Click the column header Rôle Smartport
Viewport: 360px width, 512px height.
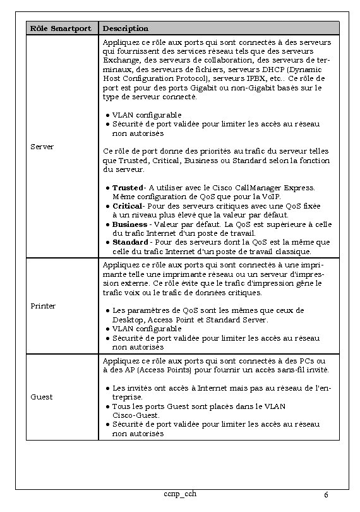click(61, 28)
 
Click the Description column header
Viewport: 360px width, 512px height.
click(126, 28)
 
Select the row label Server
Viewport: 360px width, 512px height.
click(42, 147)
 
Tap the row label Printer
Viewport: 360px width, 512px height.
click(44, 306)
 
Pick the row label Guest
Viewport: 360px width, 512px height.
click(42, 397)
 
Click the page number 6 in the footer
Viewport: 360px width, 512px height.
click(325, 494)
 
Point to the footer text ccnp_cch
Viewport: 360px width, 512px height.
click(180, 493)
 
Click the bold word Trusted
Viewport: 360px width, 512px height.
click(128, 188)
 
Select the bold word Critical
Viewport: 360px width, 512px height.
click(127, 206)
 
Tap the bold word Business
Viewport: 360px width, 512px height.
click(129, 224)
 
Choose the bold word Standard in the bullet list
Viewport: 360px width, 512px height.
click(130, 242)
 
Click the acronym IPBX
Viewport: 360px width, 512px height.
click(251, 78)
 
